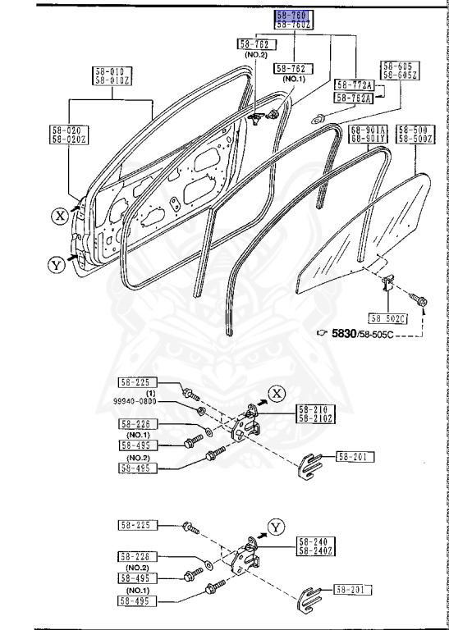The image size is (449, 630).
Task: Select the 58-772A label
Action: tap(354, 84)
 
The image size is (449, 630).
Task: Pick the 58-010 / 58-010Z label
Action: tap(112, 76)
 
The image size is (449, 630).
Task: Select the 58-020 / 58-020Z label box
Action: tap(68, 133)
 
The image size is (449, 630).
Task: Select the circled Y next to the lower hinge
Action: tap(276, 526)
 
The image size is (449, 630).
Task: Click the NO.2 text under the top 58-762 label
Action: tap(256, 54)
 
